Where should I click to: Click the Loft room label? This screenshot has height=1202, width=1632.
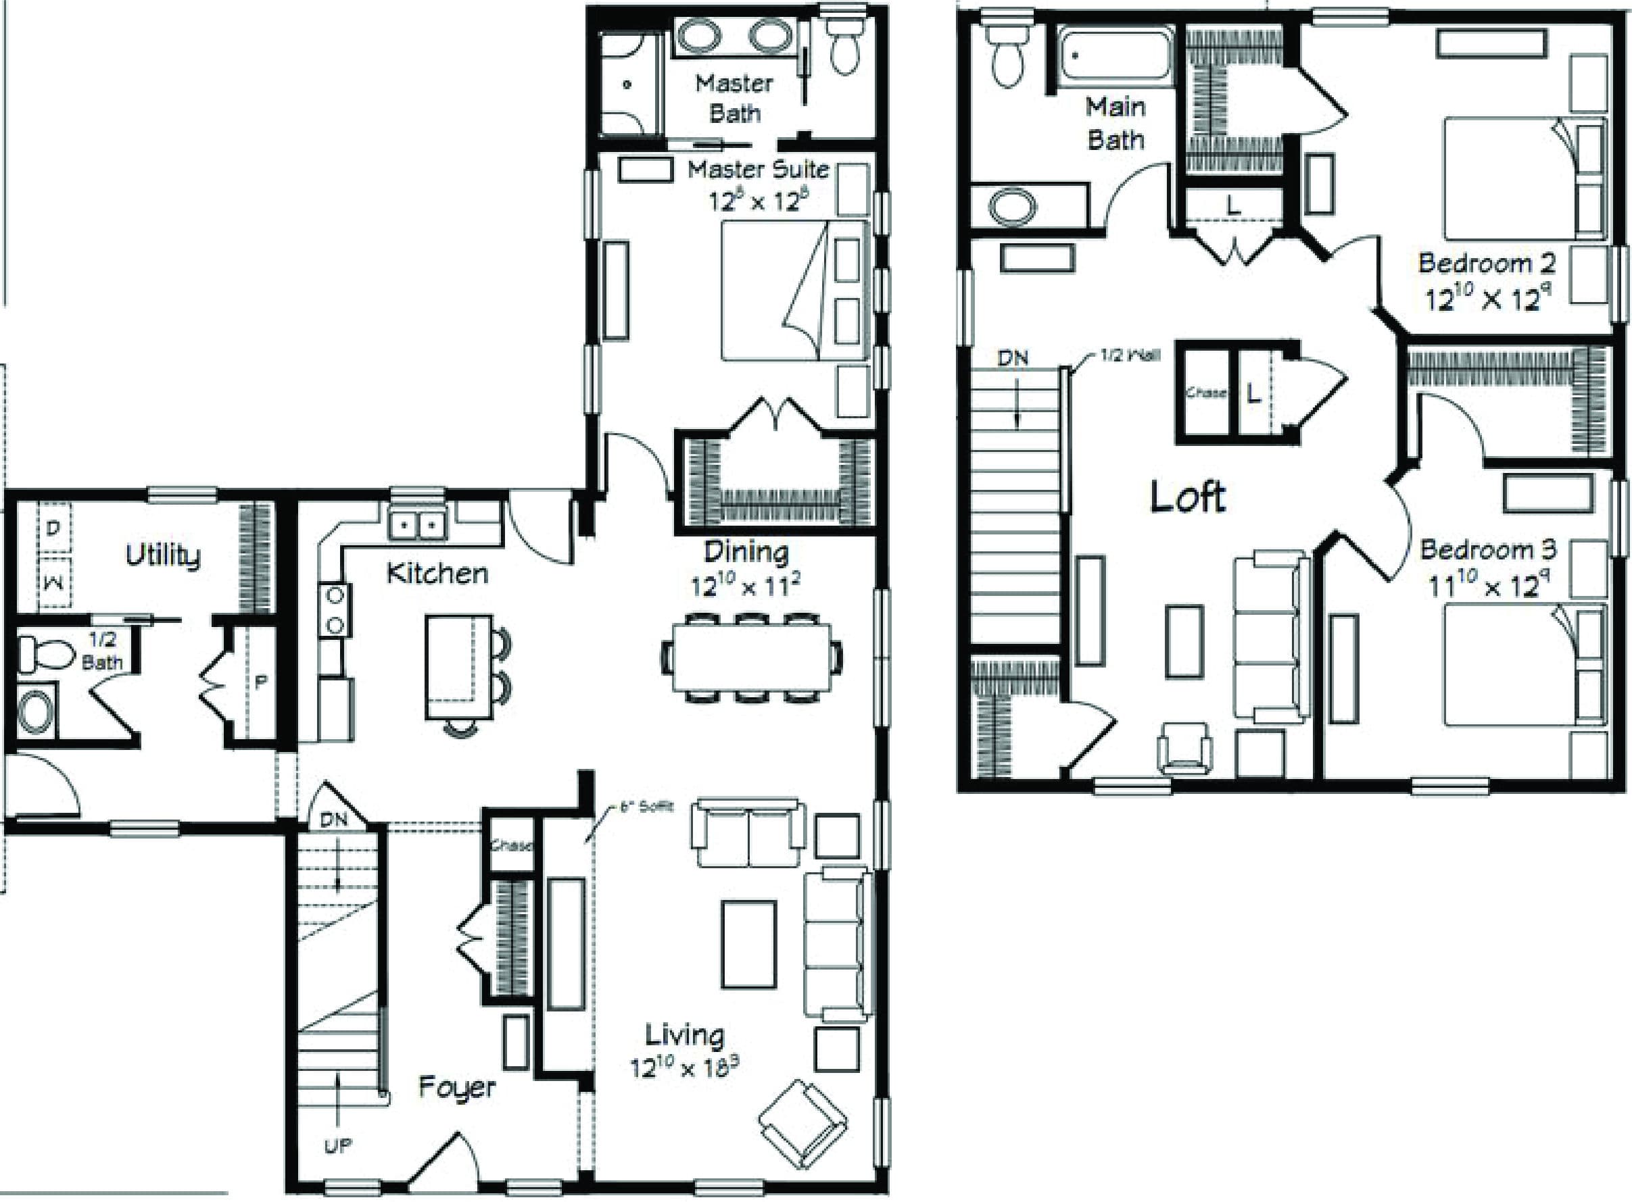coord(1187,497)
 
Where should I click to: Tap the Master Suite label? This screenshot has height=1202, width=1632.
coord(758,170)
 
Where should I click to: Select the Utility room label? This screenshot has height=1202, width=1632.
coord(162,555)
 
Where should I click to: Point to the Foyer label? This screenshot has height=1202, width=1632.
coord(457,1088)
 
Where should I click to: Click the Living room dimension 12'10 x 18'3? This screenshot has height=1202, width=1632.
coord(684,1068)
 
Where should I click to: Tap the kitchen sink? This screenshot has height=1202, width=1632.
coord(417,523)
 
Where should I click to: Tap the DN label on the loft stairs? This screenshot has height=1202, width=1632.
coord(1013,358)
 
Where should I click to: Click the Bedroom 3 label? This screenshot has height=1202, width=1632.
coord(1488,550)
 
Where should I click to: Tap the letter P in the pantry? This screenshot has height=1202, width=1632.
coord(260,682)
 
